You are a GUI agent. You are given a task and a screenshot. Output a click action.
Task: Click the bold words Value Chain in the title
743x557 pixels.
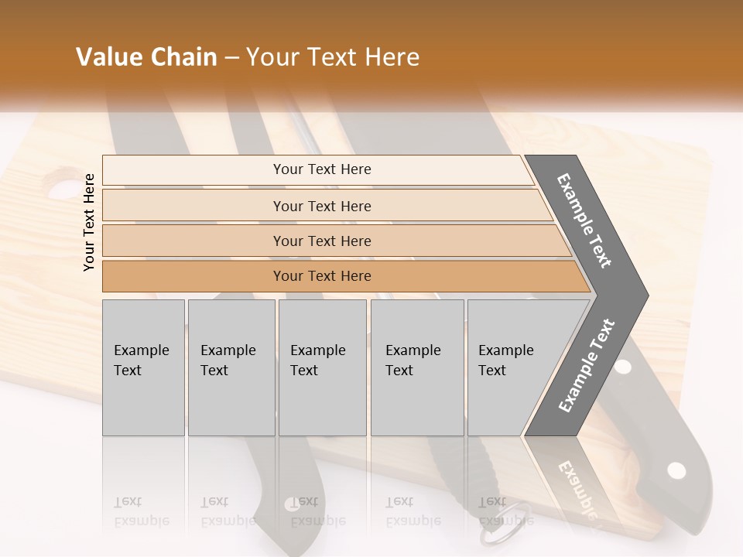(146, 57)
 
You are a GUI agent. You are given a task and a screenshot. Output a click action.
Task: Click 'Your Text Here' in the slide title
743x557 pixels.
(333, 57)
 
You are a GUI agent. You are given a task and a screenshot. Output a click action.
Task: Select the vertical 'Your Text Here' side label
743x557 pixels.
(89, 222)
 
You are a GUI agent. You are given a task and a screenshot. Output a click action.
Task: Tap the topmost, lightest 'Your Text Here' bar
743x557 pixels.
(321, 169)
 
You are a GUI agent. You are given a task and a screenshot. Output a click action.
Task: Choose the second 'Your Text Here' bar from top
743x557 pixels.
(321, 206)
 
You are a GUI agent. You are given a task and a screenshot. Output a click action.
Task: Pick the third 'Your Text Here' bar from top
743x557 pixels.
(321, 241)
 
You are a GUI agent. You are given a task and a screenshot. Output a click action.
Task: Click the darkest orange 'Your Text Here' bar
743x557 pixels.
(321, 276)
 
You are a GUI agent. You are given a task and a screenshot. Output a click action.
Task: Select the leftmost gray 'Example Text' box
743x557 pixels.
(143, 367)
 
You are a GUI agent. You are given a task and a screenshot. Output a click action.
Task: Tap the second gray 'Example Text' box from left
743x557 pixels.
(231, 367)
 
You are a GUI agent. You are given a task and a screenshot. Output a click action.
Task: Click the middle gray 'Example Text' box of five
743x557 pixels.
(322, 367)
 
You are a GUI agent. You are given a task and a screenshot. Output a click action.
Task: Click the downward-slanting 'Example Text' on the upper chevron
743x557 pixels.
(584, 220)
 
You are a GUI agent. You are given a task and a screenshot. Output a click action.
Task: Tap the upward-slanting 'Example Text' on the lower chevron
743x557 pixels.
(586, 366)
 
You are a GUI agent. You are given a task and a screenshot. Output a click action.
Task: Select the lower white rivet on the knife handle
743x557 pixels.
(676, 470)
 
